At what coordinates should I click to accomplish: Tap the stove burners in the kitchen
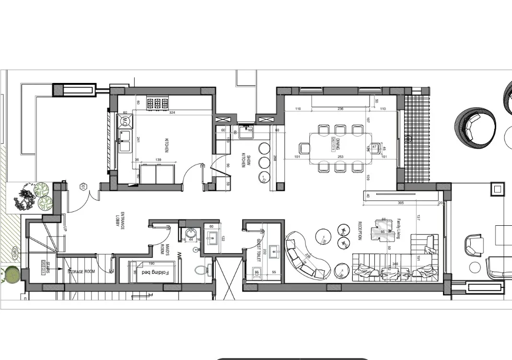[x=158, y=103]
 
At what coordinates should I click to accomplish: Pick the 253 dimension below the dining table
[x=340, y=157]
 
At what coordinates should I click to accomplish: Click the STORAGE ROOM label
[x=81, y=272]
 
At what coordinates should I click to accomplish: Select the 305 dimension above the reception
[x=401, y=203]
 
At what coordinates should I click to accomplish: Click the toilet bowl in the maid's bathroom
[x=201, y=269]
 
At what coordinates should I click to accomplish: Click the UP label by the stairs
[x=65, y=229]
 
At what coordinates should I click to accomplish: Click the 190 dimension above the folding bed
[x=151, y=263]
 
